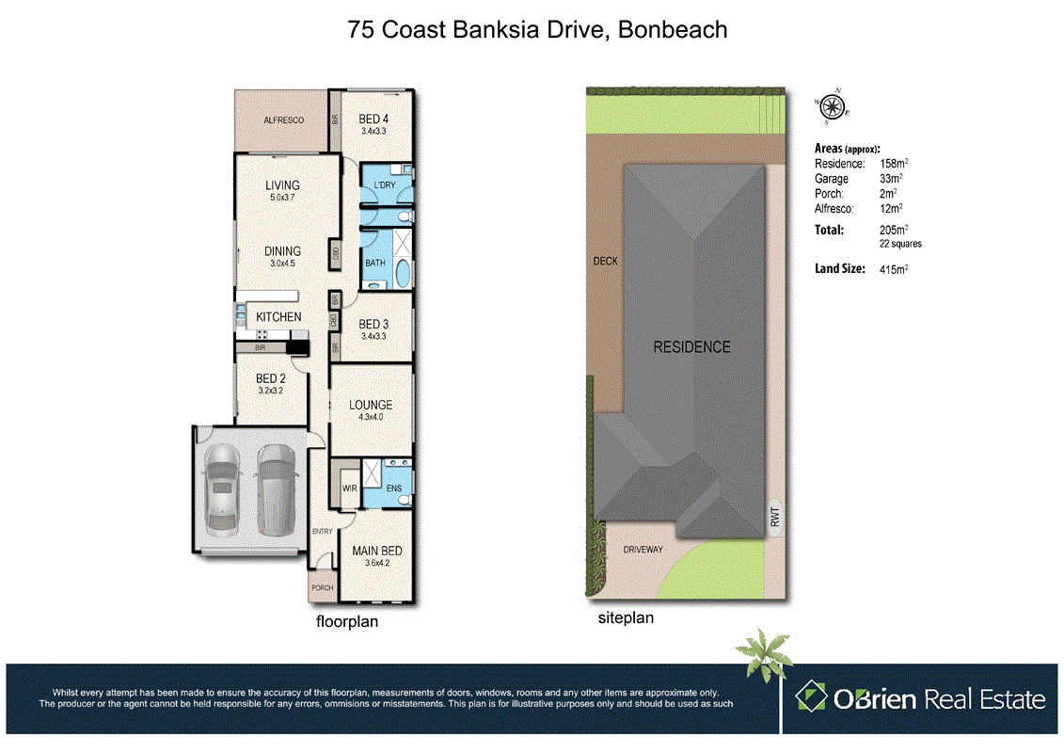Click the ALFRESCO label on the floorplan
pyautogui.click(x=283, y=121)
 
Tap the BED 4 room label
pyautogui.click(x=373, y=119)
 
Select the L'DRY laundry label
pyautogui.click(x=384, y=185)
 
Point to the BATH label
pyautogui.click(x=375, y=264)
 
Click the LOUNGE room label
pyautogui.click(x=370, y=406)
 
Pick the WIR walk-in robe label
pyautogui.click(x=348, y=489)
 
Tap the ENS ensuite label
pyautogui.click(x=393, y=489)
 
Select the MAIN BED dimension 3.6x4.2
pyautogui.click(x=377, y=564)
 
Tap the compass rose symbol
pyautogui.click(x=833, y=105)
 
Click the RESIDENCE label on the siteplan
pyautogui.click(x=691, y=347)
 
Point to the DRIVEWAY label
pyautogui.click(x=643, y=549)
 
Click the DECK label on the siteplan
pyautogui.click(x=605, y=261)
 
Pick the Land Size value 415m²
pyautogui.click(x=894, y=269)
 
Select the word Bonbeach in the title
pyautogui.click(x=674, y=29)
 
